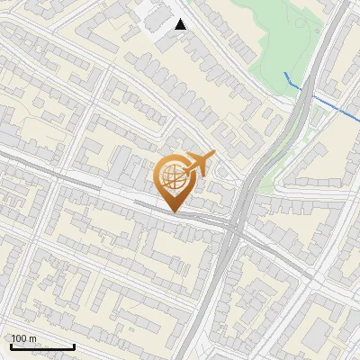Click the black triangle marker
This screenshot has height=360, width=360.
(181, 24)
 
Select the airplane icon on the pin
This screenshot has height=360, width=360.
(198, 163)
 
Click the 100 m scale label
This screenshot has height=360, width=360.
(23, 338)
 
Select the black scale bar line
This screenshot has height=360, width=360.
(41, 346)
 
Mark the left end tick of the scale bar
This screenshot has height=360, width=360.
(10, 345)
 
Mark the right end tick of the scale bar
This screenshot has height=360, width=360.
(73, 345)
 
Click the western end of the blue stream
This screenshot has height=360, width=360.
(284, 73)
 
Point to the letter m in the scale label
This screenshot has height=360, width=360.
(32, 338)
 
